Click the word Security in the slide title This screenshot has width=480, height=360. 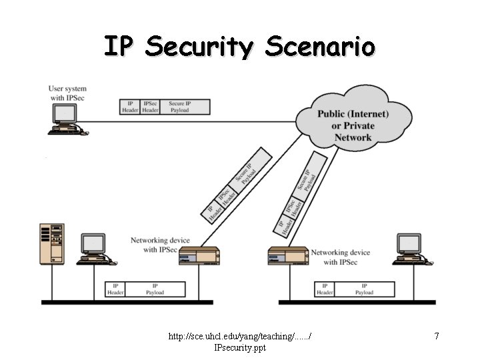199,47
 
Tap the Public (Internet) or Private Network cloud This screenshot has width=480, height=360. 353,123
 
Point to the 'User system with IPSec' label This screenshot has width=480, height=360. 67,93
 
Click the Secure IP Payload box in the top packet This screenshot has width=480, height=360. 185,107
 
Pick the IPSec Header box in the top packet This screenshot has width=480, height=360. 151,107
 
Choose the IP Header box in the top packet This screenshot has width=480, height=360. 130,107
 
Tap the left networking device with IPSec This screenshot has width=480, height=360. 199,255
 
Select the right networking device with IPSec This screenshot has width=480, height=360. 288,255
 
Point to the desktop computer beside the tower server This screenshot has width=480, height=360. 93,249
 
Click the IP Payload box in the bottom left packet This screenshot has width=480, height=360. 155,289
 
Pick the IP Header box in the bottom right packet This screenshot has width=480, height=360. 325,289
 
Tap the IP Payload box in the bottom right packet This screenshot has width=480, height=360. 364,289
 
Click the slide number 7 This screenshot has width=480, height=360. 437,336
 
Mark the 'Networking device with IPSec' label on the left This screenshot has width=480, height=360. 160,245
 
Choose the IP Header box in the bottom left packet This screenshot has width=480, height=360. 116,289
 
